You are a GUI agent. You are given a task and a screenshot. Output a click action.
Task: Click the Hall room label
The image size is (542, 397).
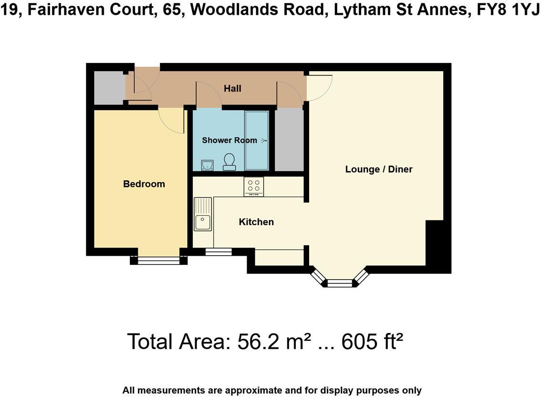[x=233, y=89]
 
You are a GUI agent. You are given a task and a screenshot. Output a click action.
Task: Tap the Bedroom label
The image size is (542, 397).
[x=144, y=184]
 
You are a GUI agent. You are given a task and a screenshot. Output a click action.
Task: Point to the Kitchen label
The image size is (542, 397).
[x=256, y=222]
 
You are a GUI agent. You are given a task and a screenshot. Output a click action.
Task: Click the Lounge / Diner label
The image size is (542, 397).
[x=379, y=169]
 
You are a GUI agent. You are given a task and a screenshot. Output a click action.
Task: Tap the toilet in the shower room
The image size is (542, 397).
[x=229, y=162]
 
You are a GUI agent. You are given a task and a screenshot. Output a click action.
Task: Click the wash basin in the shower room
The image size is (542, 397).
[x=207, y=165]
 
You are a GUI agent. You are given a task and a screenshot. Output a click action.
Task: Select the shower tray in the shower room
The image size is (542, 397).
[x=257, y=140]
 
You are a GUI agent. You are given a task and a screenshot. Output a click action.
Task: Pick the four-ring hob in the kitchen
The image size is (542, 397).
[x=253, y=187]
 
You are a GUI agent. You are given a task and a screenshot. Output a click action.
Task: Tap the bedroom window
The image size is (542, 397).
[x=158, y=260]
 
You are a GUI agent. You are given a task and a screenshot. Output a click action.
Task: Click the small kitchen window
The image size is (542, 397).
[x=218, y=251]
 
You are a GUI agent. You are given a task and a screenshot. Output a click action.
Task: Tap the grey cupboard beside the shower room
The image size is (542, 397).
[x=289, y=140]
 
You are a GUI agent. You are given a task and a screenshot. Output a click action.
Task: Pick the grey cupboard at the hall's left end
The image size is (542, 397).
[x=109, y=88]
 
